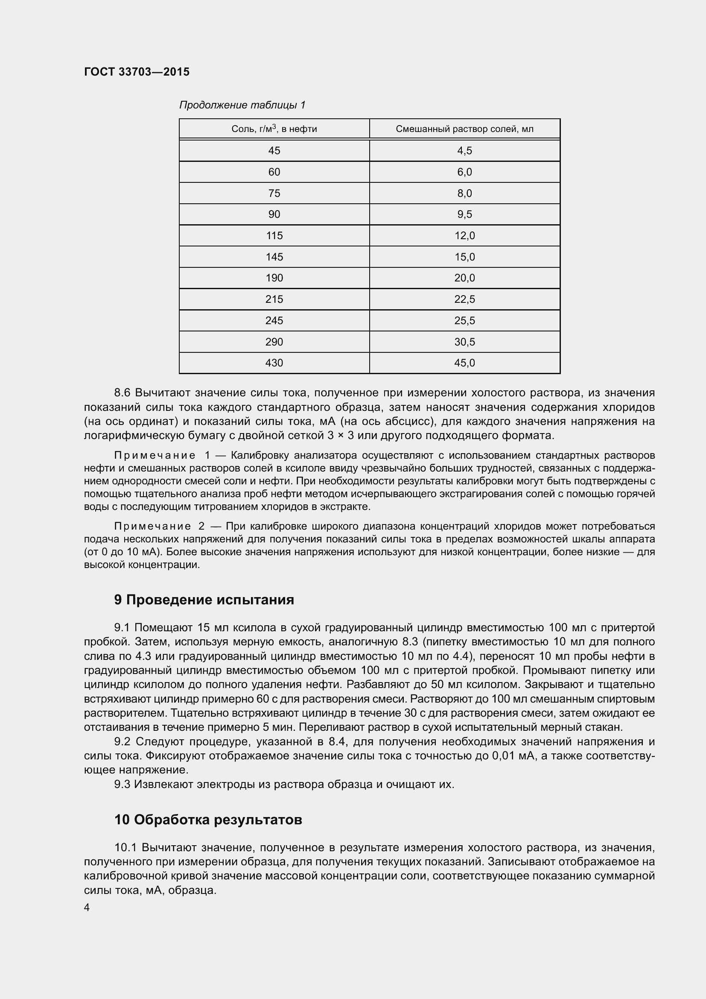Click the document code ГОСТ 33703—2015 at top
point(137,72)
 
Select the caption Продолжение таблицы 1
point(242,105)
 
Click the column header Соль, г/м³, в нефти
point(274,129)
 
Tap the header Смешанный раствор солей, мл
point(464,129)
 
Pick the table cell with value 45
point(274,150)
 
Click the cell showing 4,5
point(464,150)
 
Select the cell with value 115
point(274,235)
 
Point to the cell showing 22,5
point(464,299)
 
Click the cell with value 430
point(274,363)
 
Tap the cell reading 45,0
point(464,363)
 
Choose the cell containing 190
point(274,278)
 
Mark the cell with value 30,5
point(464,342)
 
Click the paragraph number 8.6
point(122,393)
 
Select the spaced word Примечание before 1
point(155,456)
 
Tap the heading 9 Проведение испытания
point(204,600)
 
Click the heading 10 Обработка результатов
point(208,820)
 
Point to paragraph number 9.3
point(122,785)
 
